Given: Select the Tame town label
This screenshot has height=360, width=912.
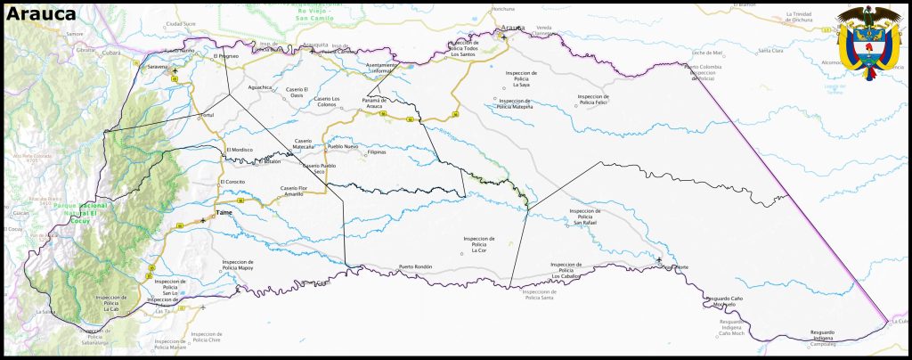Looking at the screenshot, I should click(224, 213).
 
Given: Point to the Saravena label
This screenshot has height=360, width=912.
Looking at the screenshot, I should click(157, 67).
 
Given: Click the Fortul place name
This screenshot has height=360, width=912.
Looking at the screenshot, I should click(207, 115).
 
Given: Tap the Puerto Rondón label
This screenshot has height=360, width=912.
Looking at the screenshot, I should click(415, 267).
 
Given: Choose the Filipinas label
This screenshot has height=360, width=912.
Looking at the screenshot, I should click(378, 152).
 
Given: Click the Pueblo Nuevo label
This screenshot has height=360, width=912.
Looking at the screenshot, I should click(343, 146).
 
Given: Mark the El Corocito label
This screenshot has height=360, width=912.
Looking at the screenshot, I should click(232, 182).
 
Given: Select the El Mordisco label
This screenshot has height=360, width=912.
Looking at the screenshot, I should click(240, 150).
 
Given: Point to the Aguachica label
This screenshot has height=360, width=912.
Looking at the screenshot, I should click(260, 87).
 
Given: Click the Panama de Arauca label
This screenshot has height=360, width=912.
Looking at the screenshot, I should click(378, 104).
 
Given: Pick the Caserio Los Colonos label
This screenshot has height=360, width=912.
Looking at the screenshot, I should click(328, 102).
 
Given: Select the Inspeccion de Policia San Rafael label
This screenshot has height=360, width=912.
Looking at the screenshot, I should click(585, 216).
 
